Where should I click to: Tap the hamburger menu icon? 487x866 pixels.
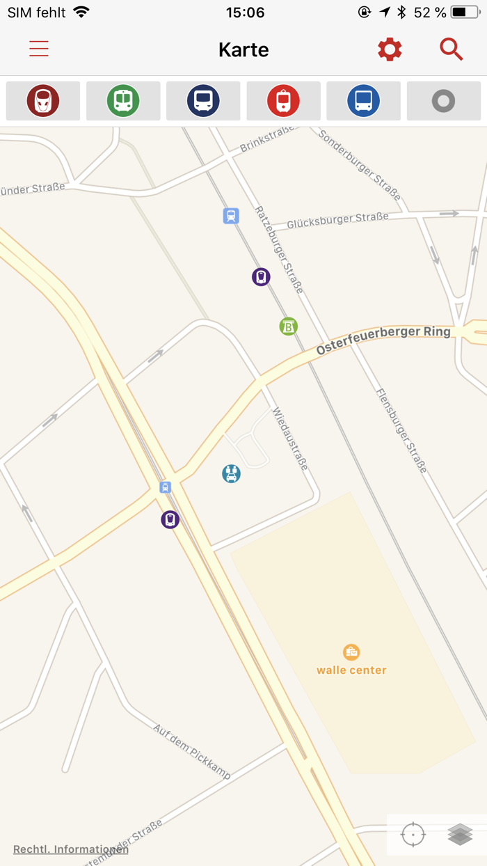pyautogui.click(x=39, y=49)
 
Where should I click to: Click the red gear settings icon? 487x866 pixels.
pyautogui.click(x=390, y=49)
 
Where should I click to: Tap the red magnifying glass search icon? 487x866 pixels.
pyautogui.click(x=451, y=49)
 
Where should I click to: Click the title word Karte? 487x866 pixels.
pyautogui.click(x=243, y=50)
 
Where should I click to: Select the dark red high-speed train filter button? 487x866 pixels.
pyautogui.click(x=43, y=101)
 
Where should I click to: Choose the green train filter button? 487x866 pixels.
pyautogui.click(x=123, y=101)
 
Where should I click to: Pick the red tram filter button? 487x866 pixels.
pyautogui.click(x=283, y=101)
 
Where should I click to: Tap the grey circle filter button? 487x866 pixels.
pyautogui.click(x=443, y=101)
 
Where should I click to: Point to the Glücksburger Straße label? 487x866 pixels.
pyautogui.click(x=337, y=219)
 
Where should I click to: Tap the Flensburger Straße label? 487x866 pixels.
pyautogui.click(x=401, y=430)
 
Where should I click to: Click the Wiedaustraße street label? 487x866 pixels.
pyautogui.click(x=290, y=439)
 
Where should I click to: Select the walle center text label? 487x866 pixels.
pyautogui.click(x=351, y=670)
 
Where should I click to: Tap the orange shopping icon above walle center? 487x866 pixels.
pyautogui.click(x=351, y=652)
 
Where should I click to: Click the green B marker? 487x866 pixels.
pyautogui.click(x=289, y=326)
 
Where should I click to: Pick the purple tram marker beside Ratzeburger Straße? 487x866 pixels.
pyautogui.click(x=261, y=277)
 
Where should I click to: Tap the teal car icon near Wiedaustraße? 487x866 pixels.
pyautogui.click(x=231, y=474)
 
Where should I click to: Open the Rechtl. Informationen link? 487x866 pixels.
pyautogui.click(x=71, y=849)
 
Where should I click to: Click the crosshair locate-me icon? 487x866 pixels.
pyautogui.click(x=413, y=834)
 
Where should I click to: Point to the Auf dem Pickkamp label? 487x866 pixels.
pyautogui.click(x=192, y=751)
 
